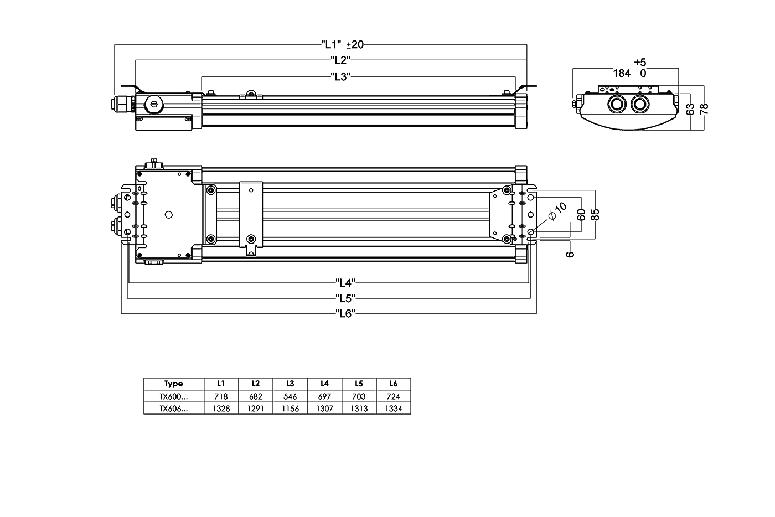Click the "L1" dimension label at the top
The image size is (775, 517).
tap(331, 44)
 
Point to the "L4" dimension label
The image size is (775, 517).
tap(345, 282)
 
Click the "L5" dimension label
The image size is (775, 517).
tap(345, 298)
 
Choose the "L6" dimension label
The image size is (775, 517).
tap(345, 314)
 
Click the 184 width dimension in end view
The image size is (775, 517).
tap(622, 73)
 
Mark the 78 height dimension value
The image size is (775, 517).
tap(704, 108)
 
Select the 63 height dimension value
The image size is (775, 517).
tap(690, 109)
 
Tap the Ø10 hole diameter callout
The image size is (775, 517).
tap(557, 211)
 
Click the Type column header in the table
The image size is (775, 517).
tap(173, 384)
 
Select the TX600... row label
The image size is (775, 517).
tap(173, 396)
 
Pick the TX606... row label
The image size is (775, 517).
tap(173, 409)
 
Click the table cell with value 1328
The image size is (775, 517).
tap(221, 409)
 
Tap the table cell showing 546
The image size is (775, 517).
tap(290, 396)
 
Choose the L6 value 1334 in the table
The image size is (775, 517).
tap(393, 409)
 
